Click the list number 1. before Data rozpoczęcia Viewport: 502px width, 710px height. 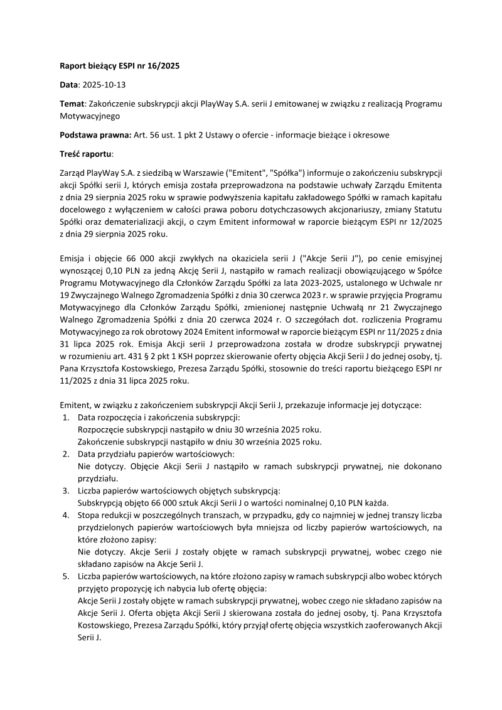coord(66,417)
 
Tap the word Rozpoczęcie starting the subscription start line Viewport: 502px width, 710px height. coord(102,430)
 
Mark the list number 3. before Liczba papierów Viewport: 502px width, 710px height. coord(66,491)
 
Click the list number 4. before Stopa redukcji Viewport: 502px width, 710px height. coord(66,515)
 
